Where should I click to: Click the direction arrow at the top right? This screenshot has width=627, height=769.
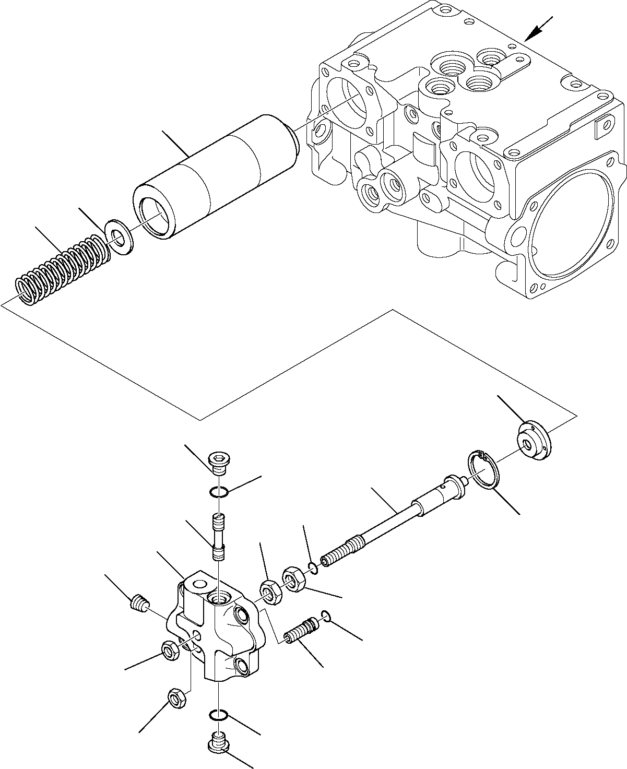coord(537,30)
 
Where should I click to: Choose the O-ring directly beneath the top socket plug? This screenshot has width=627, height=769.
coord(218,491)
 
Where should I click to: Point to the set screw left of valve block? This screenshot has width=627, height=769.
coord(137,604)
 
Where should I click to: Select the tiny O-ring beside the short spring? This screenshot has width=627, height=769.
coord(325,615)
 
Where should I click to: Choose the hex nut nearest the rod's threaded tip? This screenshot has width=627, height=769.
coord(294,580)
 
